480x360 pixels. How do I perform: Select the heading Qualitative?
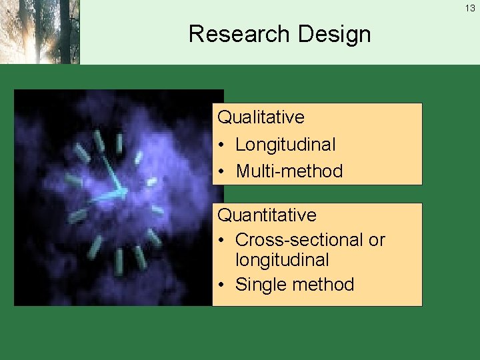click(x=261, y=117)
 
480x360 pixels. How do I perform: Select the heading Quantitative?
click(x=267, y=215)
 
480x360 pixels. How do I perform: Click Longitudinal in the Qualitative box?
click(x=285, y=144)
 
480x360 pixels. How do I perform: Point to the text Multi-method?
click(x=289, y=171)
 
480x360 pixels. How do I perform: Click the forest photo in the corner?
click(x=40, y=32)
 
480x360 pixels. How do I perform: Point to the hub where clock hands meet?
click(x=123, y=192)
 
